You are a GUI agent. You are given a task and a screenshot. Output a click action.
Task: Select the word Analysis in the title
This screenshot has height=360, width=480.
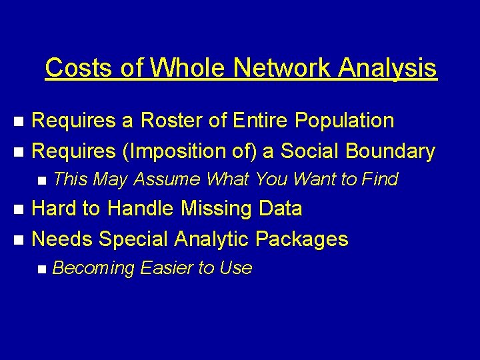(x=387, y=67)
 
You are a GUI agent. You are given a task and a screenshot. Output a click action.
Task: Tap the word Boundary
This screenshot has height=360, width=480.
(x=391, y=151)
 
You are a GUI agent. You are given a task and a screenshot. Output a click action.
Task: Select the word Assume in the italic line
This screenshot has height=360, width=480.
(x=167, y=179)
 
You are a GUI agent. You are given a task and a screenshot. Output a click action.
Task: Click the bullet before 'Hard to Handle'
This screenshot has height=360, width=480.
(x=20, y=209)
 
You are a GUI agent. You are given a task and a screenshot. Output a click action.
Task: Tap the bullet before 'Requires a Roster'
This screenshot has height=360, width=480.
(x=20, y=121)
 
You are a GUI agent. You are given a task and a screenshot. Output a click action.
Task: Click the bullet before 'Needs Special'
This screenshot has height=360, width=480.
(x=20, y=239)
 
